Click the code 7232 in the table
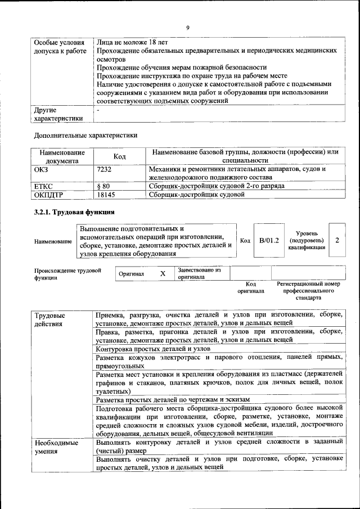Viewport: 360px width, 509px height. click(104, 169)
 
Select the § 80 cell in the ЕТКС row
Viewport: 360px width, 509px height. click(103, 186)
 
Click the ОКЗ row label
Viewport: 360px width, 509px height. click(42, 169)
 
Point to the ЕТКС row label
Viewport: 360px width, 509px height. click(44, 186)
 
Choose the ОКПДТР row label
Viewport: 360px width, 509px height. click(48, 195)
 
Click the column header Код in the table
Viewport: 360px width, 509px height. click(119, 156)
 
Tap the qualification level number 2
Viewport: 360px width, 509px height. click(337, 240)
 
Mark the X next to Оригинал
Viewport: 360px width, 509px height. click(163, 273)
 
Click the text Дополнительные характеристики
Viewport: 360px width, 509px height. click(85, 135)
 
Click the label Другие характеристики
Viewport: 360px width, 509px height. click(58, 114)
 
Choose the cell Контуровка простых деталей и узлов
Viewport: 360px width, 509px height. click(152, 349)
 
